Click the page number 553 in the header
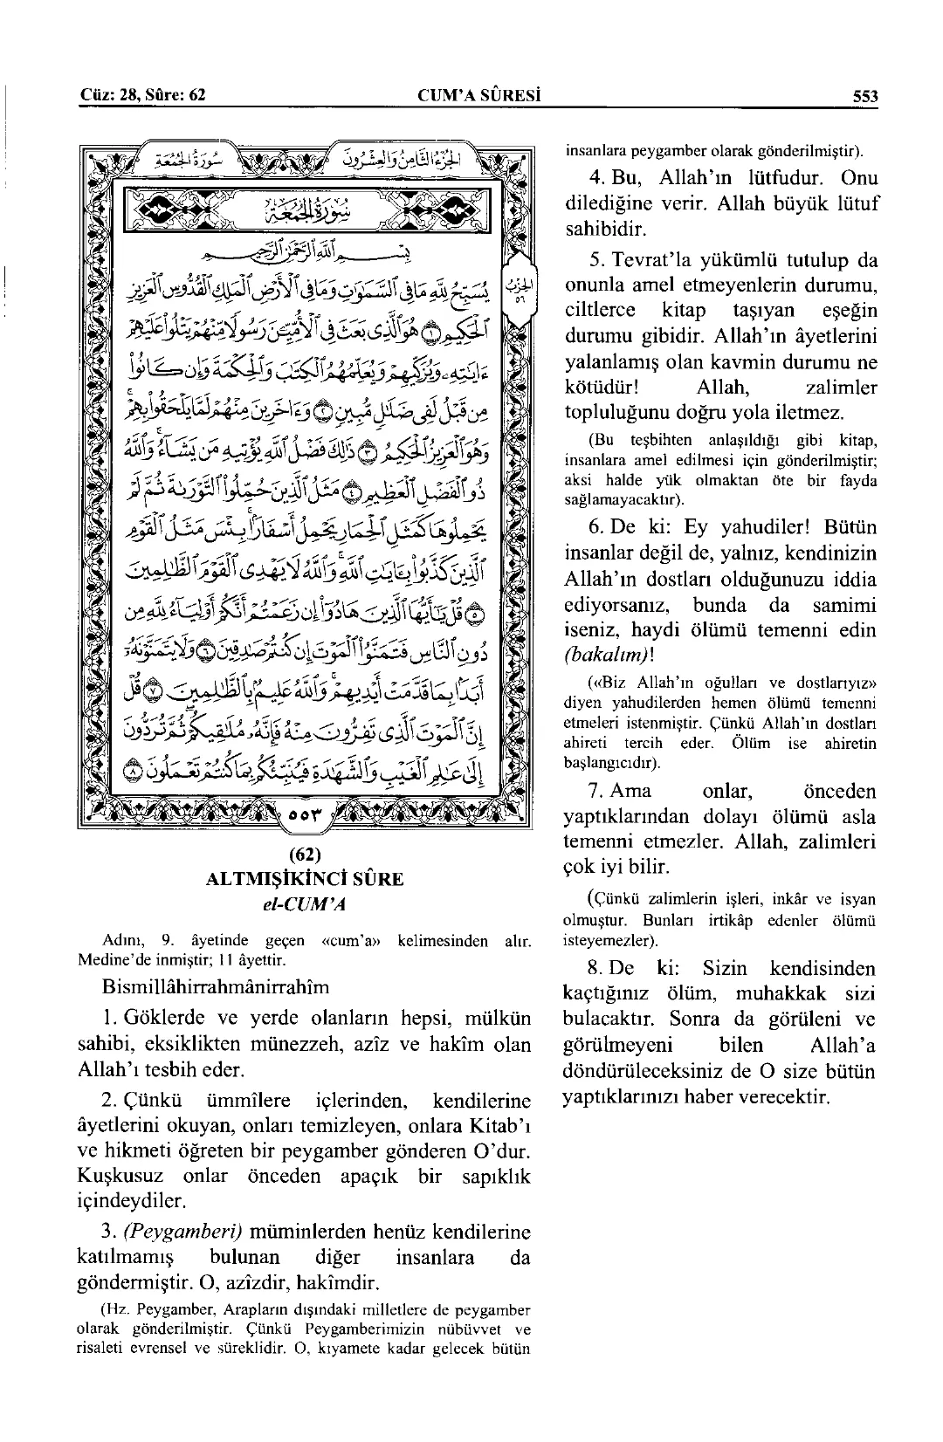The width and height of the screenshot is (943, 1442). [x=865, y=94]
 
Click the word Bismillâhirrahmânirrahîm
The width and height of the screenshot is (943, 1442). [x=216, y=986]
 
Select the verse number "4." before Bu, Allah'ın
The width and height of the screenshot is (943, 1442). [x=598, y=179]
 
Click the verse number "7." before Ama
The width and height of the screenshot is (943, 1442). [x=595, y=791]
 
